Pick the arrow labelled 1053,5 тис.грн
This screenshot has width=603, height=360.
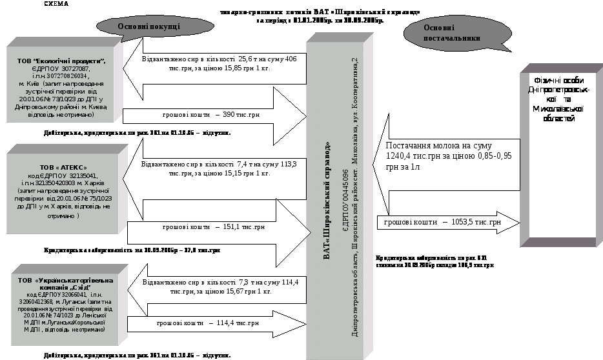[445, 223]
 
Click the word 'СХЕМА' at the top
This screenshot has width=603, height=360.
[57, 3]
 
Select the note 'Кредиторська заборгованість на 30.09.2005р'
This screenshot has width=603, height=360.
[132, 250]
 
